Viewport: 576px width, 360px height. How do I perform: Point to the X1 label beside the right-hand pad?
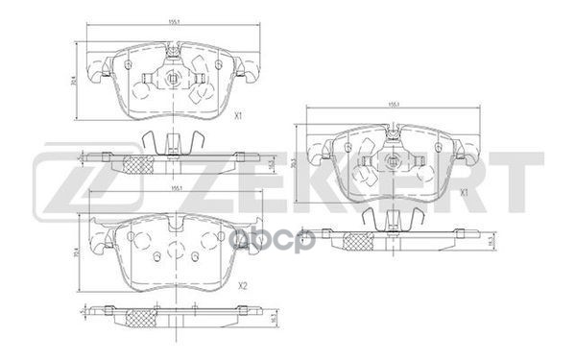coord(464,192)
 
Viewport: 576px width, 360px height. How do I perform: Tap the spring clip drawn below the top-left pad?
coord(172,141)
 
